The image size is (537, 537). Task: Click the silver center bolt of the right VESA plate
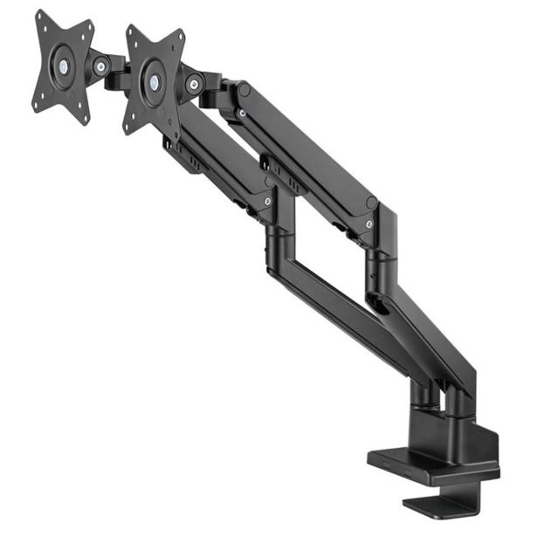[155, 82]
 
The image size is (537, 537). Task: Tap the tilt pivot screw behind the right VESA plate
[194, 84]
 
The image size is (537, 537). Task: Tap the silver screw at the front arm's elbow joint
[266, 202]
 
